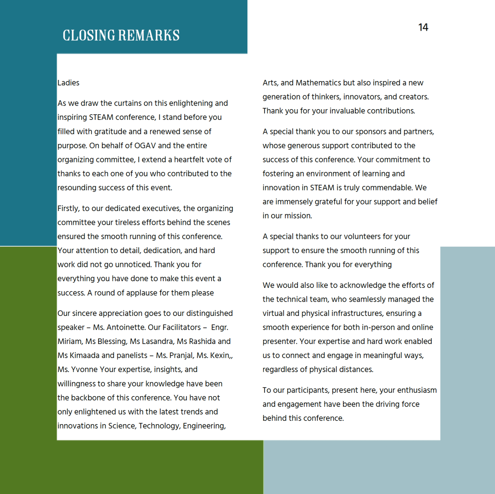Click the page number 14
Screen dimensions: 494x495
point(423,27)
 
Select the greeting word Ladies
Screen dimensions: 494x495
point(68,83)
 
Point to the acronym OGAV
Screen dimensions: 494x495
point(145,146)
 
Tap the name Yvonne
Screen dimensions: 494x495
point(84,370)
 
